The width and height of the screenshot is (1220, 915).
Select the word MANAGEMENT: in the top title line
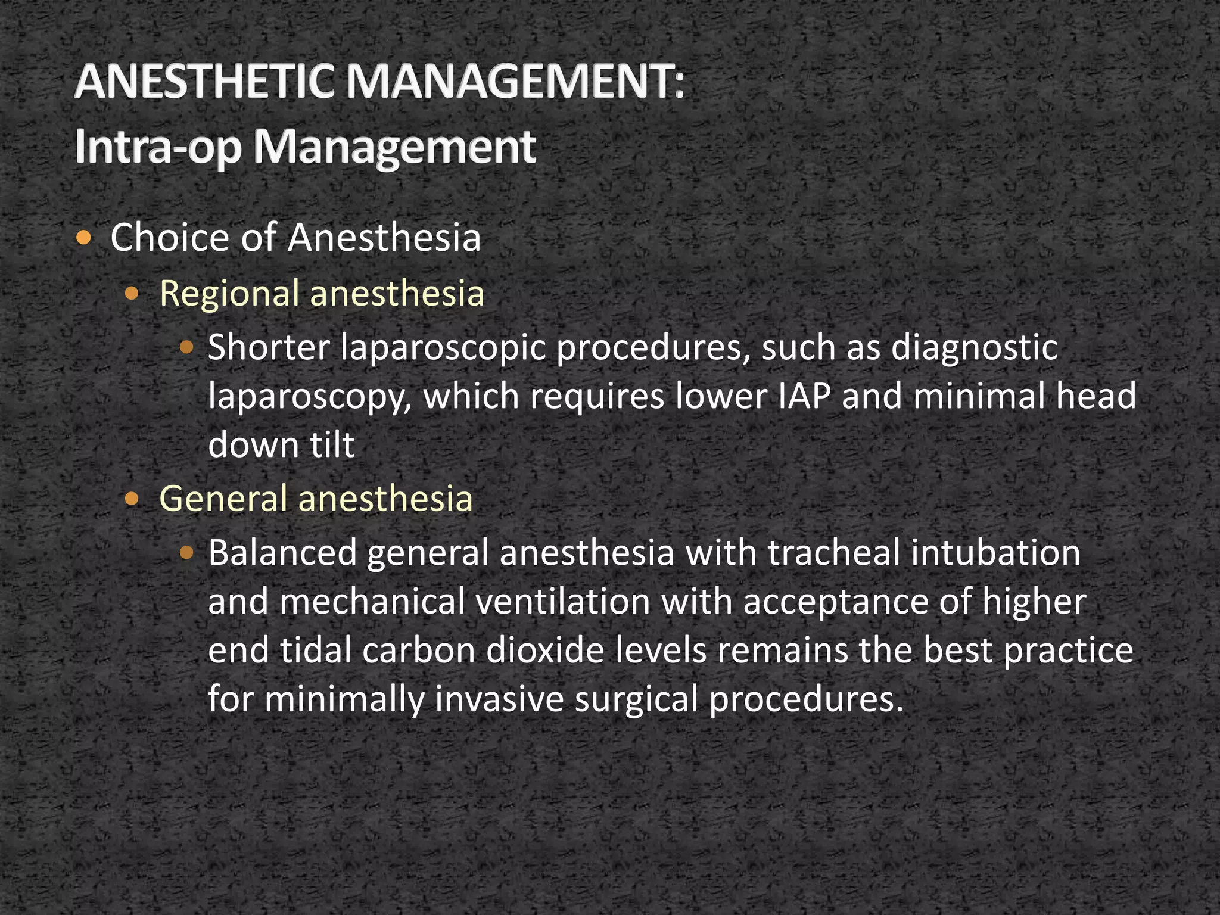516,82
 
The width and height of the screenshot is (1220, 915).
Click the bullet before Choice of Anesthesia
85,238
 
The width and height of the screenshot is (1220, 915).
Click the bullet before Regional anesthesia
133,293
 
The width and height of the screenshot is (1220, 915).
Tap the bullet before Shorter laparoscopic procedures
186,348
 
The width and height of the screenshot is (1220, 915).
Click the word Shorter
269,347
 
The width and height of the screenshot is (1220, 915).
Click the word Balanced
282,553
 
